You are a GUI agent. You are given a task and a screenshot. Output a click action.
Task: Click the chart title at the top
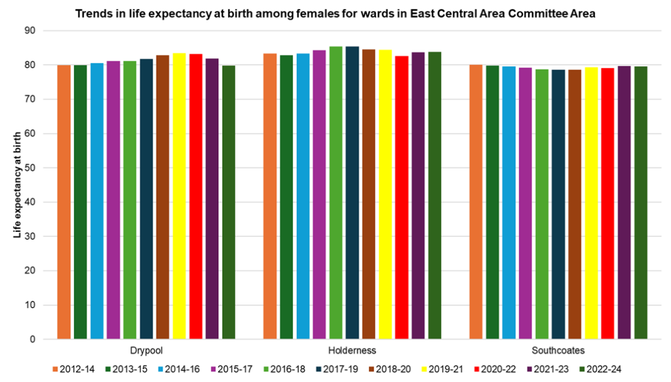point(335,14)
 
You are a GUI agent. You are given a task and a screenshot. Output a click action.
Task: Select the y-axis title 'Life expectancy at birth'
point(19,185)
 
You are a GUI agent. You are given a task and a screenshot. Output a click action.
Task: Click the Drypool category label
point(146,351)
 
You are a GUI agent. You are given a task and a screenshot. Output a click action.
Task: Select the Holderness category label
point(353,351)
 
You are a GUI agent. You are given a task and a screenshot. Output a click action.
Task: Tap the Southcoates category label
point(558,351)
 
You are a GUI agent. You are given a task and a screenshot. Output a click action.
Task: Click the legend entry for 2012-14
point(73,370)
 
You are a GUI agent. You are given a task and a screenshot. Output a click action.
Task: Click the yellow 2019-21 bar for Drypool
point(180,197)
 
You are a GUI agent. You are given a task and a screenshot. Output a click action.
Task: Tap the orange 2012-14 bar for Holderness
point(270,197)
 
